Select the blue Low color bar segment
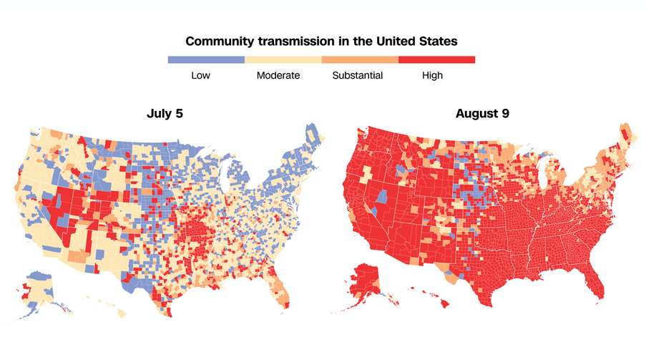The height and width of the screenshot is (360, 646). click(206, 60)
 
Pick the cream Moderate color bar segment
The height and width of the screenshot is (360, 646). click(283, 60)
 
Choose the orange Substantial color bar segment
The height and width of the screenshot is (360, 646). click(360, 60)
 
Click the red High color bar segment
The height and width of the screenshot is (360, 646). click(436, 60)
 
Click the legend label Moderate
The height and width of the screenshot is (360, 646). click(278, 75)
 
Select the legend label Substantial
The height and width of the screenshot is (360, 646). click(358, 75)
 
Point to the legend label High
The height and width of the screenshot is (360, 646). click(432, 75)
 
